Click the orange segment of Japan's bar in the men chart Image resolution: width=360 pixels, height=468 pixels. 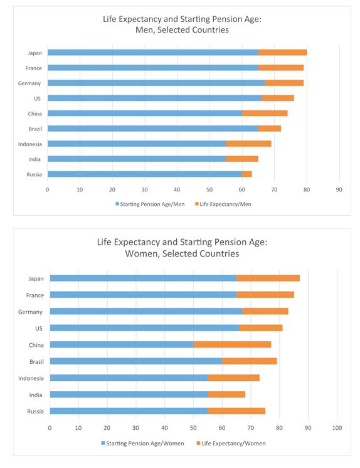point(282,53)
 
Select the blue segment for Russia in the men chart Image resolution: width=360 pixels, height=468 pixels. point(144,174)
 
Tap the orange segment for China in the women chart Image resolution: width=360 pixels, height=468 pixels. point(232,344)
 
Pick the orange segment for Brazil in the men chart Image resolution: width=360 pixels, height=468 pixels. point(270,129)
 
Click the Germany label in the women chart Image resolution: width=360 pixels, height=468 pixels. point(31,312)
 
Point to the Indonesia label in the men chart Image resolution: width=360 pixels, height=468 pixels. point(30,144)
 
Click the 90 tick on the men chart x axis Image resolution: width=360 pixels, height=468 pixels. point(339,188)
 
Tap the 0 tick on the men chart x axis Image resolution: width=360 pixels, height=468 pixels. point(47,188)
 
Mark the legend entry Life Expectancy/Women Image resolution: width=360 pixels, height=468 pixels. point(230,443)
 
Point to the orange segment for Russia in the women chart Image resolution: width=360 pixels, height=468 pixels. point(236,411)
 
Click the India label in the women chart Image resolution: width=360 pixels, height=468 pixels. point(35,395)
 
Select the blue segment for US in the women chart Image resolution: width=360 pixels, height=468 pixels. point(144,328)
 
